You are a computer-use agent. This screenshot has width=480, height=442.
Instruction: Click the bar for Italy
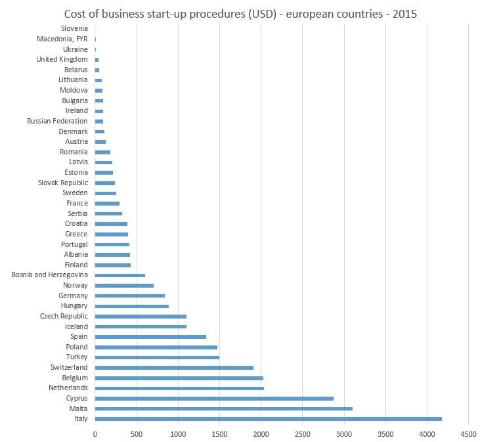point(268,418)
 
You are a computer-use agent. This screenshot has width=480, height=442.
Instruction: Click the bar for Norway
point(124,286)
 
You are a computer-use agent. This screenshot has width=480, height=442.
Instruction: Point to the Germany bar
point(129,296)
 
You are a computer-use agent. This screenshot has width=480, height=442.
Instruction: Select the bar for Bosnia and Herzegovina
point(120,275)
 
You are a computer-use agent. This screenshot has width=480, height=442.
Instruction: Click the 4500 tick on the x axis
point(468,434)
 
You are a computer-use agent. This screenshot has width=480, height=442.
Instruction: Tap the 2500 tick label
point(302,434)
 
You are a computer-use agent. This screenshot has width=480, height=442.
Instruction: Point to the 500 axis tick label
point(136,434)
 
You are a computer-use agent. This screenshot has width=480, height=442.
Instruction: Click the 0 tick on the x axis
point(95,434)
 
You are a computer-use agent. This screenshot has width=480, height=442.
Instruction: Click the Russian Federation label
point(57,121)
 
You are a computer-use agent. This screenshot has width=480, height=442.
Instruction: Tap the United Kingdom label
point(62,59)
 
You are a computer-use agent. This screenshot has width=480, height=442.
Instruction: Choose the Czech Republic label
point(64,316)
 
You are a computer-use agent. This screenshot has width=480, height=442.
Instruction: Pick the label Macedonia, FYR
point(62,39)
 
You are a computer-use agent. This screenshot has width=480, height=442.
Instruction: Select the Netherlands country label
point(66,388)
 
